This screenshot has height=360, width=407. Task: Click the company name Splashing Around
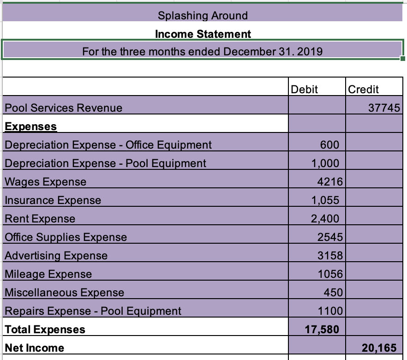pyautogui.click(x=203, y=15)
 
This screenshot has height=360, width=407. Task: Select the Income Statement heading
pyautogui.click(x=203, y=34)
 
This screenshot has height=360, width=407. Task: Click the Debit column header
pyautogui.click(x=305, y=89)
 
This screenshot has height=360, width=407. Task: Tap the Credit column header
pyautogui.click(x=364, y=89)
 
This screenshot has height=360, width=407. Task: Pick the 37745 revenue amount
pyautogui.click(x=384, y=108)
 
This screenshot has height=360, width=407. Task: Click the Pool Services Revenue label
pyautogui.click(x=64, y=108)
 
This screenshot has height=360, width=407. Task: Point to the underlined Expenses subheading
pyautogui.click(x=31, y=126)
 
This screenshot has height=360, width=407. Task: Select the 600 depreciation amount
pyautogui.click(x=330, y=144)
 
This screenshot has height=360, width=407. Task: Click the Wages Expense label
pyautogui.click(x=45, y=181)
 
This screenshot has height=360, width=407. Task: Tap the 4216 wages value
pyautogui.click(x=329, y=181)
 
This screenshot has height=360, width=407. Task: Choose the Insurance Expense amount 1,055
pyautogui.click(x=325, y=200)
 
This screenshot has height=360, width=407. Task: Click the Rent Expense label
pyautogui.click(x=40, y=218)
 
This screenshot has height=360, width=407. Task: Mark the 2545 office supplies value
pyautogui.click(x=329, y=237)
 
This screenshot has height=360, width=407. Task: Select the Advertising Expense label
pyautogui.click(x=56, y=255)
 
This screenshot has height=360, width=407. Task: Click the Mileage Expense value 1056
pyautogui.click(x=329, y=274)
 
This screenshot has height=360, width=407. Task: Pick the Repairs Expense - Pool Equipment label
pyautogui.click(x=93, y=311)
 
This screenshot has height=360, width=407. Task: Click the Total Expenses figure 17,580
pyautogui.click(x=322, y=329)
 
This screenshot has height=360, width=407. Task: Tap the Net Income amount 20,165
pyautogui.click(x=379, y=348)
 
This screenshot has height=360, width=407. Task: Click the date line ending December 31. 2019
pyautogui.click(x=203, y=51)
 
